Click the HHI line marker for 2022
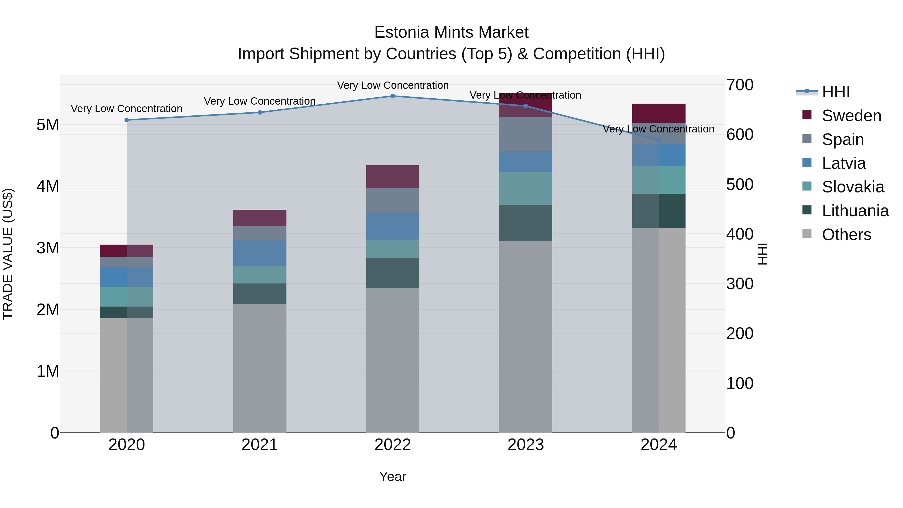click(x=393, y=96)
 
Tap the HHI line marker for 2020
click(x=127, y=120)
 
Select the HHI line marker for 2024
click(x=659, y=140)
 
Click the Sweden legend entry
click(x=851, y=116)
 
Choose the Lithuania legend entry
click(x=855, y=211)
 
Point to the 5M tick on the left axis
click(x=48, y=125)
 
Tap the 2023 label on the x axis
click(x=525, y=445)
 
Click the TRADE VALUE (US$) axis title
click(x=8, y=254)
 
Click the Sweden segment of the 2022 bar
click(x=393, y=177)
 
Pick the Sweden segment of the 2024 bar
click(x=659, y=113)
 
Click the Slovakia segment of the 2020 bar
click(x=127, y=297)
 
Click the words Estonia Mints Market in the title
click(x=451, y=32)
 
